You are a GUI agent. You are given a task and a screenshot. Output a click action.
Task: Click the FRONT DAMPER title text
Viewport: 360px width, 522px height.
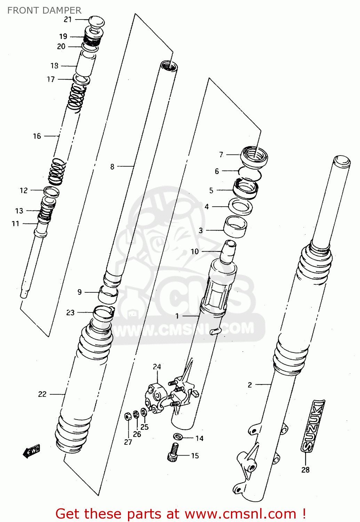(44, 10)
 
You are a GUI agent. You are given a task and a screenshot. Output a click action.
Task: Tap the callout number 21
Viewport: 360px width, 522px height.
(67, 20)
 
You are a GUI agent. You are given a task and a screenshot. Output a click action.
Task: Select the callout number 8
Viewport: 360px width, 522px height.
(112, 167)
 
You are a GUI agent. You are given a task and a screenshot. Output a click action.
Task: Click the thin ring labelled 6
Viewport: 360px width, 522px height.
(249, 173)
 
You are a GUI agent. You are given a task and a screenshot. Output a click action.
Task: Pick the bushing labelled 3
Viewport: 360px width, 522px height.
(235, 227)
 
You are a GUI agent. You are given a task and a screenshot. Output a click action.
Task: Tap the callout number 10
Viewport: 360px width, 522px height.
(194, 251)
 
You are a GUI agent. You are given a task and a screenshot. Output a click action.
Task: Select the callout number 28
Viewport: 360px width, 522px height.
(305, 470)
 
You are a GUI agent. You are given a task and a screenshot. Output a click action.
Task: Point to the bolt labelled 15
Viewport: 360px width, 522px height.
(173, 452)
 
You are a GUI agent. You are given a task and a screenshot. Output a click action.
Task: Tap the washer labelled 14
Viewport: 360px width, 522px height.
(177, 436)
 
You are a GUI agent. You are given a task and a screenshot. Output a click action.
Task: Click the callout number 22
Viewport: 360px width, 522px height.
(42, 394)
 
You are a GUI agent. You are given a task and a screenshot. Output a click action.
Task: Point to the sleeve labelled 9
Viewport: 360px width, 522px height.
(107, 295)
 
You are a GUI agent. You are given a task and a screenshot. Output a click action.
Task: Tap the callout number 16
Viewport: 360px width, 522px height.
(37, 136)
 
